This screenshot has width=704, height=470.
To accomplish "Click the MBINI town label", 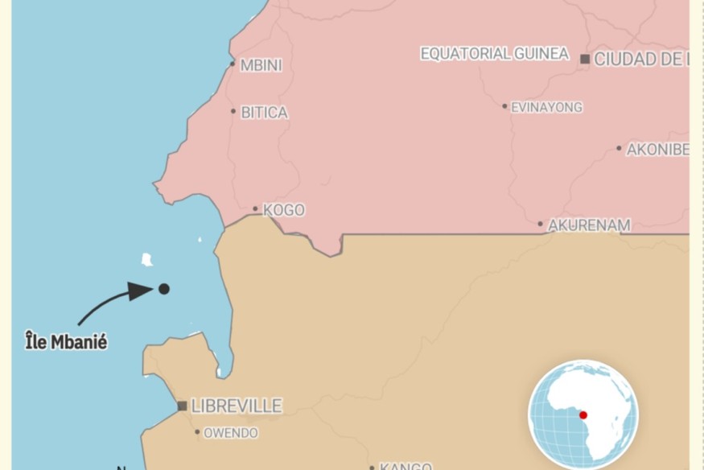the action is coord(261,66).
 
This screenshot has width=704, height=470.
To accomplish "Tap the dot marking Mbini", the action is coord(233,64).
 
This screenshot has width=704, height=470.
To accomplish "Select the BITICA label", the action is coord(265,113).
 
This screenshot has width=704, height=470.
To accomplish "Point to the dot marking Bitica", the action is coord(233,111).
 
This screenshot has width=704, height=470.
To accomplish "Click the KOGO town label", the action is coord(284,210).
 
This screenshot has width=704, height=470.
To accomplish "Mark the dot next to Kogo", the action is coord(255,208).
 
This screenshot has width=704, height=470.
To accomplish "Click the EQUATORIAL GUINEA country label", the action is coord(495,54).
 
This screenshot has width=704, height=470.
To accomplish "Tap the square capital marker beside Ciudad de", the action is coord(585,58).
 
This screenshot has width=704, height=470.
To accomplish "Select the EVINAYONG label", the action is coord(547,107).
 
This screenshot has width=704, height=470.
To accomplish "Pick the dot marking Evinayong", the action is coord(505,106).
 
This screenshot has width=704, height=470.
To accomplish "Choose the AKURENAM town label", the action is coord(590,225).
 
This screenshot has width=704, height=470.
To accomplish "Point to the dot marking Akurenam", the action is coord(541,224).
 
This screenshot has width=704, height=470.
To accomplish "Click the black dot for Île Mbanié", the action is coord(163,288).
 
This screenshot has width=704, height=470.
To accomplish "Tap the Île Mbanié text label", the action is coord(66,342).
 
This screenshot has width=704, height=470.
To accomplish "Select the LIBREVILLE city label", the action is coord(237,406).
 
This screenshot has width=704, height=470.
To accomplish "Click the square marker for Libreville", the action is coord(183,406).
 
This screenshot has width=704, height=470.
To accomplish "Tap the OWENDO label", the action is coord(231,433).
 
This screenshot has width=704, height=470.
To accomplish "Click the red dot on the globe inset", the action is coord(583,414).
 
